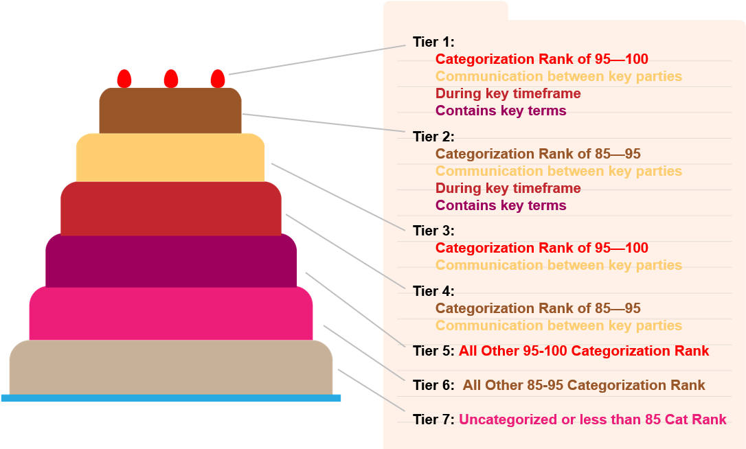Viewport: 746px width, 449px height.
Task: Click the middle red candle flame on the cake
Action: tap(171, 79)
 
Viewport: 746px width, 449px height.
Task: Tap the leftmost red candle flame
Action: tap(124, 79)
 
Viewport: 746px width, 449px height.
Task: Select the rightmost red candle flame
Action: tap(218, 79)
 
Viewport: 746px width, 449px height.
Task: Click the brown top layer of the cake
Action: tap(170, 111)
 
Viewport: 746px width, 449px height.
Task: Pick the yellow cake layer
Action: tap(170, 157)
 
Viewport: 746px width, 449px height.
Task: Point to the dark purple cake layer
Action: tap(171, 260)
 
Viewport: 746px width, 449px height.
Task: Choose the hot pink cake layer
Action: tap(171, 314)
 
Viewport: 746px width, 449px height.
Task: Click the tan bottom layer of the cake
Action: tap(171, 368)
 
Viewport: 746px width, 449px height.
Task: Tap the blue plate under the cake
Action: tap(171, 398)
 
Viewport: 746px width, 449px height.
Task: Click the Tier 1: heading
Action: tap(433, 42)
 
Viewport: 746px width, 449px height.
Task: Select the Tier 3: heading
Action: tap(433, 231)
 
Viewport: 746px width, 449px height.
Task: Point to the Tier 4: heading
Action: tap(433, 291)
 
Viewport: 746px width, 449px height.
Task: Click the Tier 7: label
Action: tap(433, 419)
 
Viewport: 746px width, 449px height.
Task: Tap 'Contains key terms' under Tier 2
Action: tap(501, 205)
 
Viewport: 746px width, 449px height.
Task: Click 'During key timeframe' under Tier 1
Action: tap(508, 93)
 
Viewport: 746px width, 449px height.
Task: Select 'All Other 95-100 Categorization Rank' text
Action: tap(584, 351)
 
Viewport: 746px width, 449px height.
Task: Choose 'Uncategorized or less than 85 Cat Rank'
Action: tap(593, 419)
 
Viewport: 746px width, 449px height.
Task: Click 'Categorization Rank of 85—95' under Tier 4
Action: tap(538, 308)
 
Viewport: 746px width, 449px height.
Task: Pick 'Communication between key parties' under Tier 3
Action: tap(558, 265)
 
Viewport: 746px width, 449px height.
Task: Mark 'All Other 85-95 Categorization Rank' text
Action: tap(585, 385)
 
